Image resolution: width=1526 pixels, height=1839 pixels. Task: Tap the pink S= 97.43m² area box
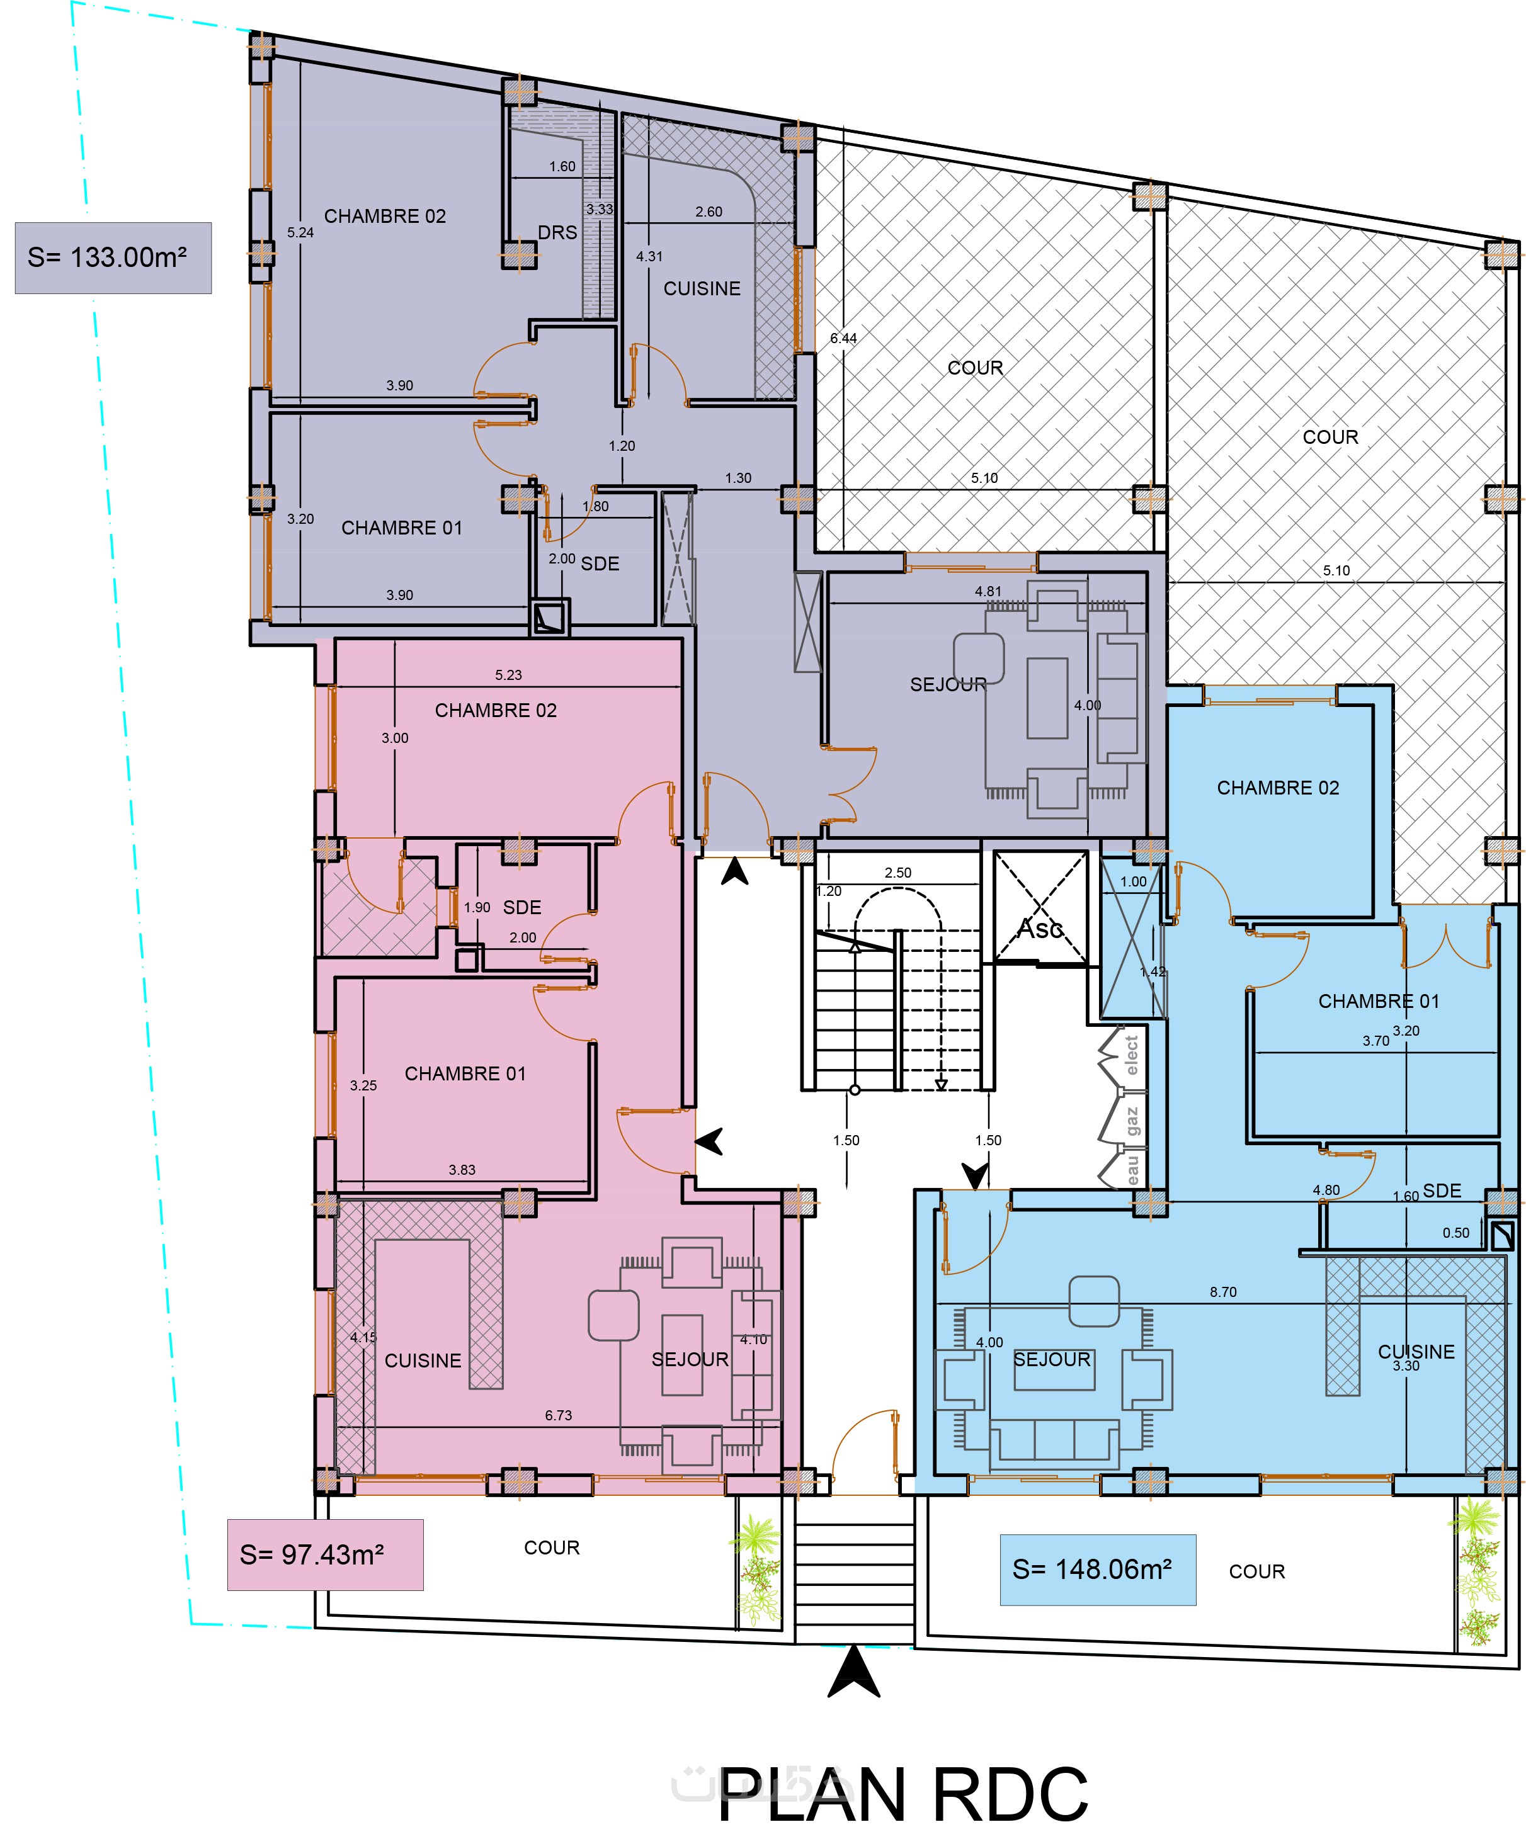click(325, 1554)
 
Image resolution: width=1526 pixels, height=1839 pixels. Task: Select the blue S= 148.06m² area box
click(1098, 1570)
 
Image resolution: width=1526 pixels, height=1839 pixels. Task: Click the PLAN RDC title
click(903, 1794)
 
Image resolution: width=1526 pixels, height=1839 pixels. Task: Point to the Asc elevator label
click(1040, 928)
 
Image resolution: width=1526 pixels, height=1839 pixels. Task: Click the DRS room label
click(557, 233)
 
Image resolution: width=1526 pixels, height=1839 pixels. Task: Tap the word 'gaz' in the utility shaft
click(1132, 1121)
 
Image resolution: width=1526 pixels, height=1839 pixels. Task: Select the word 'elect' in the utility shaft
click(1131, 1055)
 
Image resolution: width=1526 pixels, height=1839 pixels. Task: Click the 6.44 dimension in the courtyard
click(843, 338)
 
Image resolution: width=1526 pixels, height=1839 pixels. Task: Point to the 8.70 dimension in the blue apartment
click(1223, 1292)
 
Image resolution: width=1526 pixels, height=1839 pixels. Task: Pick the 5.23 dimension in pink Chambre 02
click(508, 675)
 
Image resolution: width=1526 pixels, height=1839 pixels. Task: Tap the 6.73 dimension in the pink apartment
click(558, 1415)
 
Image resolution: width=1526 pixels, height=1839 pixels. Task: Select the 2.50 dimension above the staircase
click(898, 873)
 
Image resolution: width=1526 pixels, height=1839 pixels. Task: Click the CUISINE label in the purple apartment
click(702, 289)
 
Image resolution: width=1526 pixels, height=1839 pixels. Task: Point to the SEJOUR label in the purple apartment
click(948, 685)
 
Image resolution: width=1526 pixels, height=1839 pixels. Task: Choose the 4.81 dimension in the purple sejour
click(988, 592)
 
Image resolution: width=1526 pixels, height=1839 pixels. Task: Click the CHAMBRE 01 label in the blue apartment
click(1379, 1001)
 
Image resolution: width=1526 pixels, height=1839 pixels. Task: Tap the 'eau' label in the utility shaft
click(1132, 1170)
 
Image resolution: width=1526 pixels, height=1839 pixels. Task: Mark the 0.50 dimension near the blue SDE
click(1456, 1233)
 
